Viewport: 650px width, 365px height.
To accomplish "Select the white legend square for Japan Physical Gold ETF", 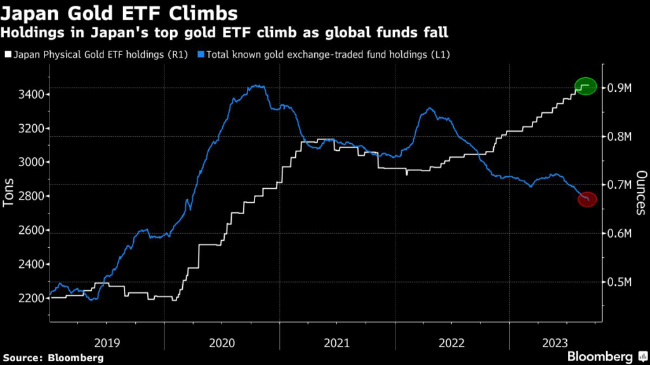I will [7, 54].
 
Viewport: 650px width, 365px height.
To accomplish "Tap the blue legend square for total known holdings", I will [201, 54].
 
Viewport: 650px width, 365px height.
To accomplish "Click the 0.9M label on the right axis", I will [621, 88].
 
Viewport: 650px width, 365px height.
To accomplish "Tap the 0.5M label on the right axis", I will [621, 282].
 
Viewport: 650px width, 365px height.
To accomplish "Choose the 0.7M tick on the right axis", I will [621, 185].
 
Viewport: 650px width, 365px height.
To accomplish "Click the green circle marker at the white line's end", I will [586, 86].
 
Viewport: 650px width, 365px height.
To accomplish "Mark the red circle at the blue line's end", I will [587, 200].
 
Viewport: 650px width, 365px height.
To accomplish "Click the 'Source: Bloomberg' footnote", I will [52, 357].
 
